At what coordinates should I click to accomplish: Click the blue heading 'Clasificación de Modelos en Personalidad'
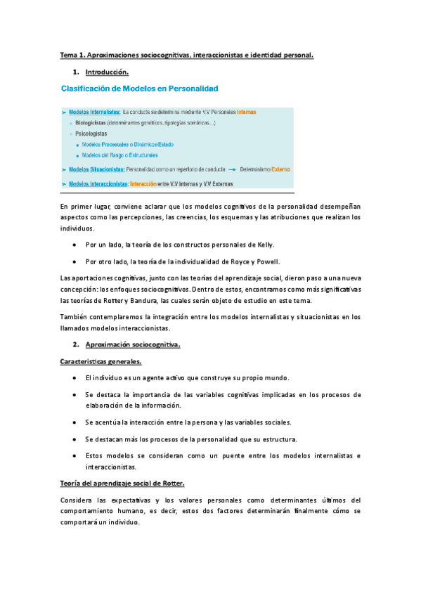click(x=140, y=89)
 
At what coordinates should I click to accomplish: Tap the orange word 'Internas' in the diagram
click(x=246, y=112)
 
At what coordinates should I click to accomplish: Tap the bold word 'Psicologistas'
click(x=92, y=133)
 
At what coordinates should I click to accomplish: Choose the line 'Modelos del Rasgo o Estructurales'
click(x=119, y=155)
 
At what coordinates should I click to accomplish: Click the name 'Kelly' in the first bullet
click(x=263, y=244)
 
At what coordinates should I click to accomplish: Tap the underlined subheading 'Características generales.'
click(x=101, y=361)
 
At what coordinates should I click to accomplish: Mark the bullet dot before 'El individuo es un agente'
click(x=75, y=378)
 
